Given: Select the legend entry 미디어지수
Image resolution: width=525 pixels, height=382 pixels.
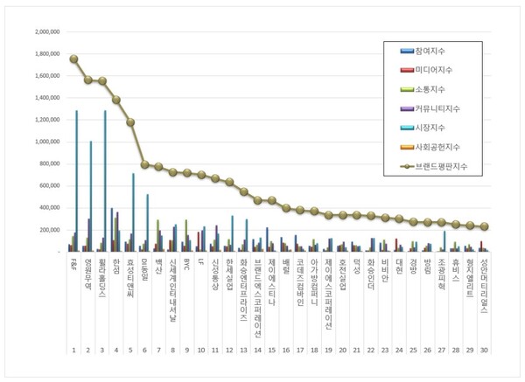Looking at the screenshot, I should tap(442, 71).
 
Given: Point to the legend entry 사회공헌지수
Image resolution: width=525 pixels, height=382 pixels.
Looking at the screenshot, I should tap(446, 147).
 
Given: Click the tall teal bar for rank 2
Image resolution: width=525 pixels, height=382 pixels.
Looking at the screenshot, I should tap(90, 196).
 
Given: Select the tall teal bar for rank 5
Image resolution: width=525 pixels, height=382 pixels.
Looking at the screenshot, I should tap(133, 212).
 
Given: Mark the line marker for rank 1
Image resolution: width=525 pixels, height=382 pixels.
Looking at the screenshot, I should tap(73, 59).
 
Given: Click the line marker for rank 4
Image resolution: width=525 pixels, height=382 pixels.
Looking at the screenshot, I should tap(116, 100).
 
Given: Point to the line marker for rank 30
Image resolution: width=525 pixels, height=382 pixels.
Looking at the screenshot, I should tap(485, 226).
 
